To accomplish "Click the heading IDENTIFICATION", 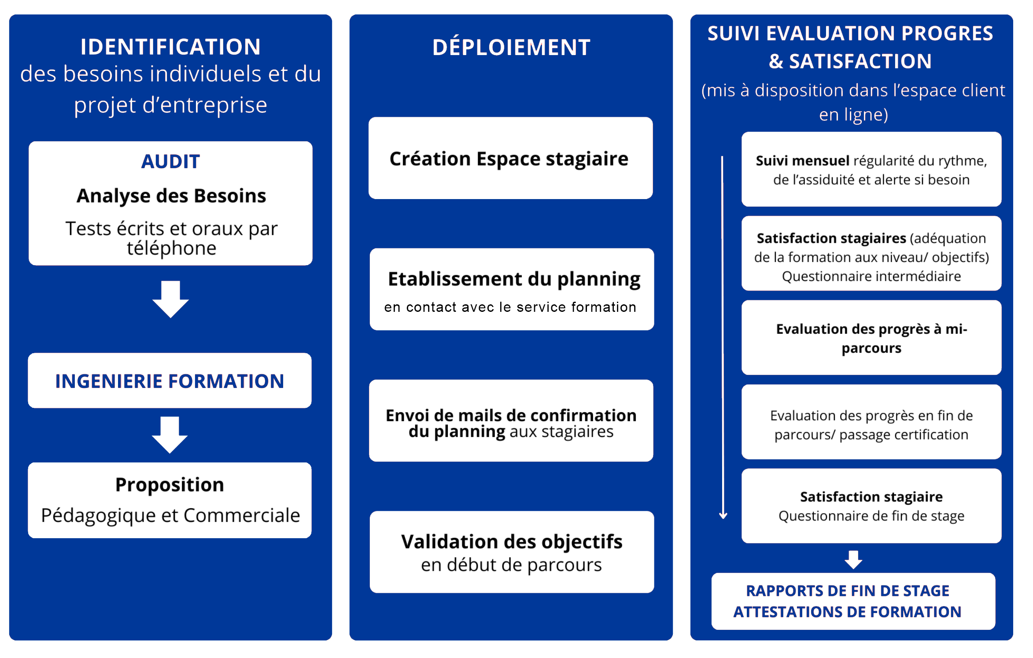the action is pos(170,47).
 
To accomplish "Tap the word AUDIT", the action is pos(170,162).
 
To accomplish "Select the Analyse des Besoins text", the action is pos(171,196).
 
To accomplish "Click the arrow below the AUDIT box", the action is pos(170,299).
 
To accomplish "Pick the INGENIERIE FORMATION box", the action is pos(170,381).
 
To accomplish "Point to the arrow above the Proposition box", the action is pos(170,435).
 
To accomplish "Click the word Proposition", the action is pos(170,485).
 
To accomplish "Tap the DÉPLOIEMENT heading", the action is pos(511,47).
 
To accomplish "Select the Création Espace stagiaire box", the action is pos(511,158).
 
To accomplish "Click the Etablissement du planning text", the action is pos(514,279).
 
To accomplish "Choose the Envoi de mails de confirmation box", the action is pos(511,421).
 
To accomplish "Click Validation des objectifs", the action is pos(512,542).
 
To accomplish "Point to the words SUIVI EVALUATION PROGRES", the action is pos(850,33).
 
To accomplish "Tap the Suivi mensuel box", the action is pos(871,169).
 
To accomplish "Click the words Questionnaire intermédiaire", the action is pos(871,276).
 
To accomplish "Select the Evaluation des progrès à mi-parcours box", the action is pos(871,338).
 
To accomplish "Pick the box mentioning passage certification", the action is pos(871,422).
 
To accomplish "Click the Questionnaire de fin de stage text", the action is pos(871,516).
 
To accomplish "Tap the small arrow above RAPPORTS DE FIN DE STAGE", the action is pos(853,560).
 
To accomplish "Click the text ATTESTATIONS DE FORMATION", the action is pos(847,612).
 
